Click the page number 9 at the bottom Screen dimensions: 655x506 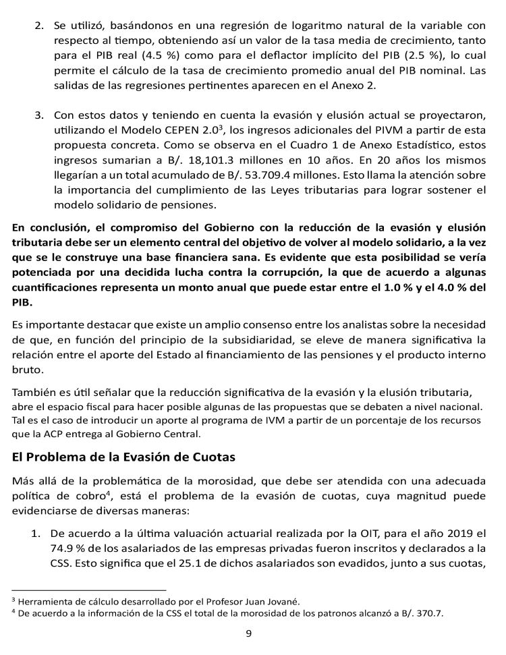click(248, 633)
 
